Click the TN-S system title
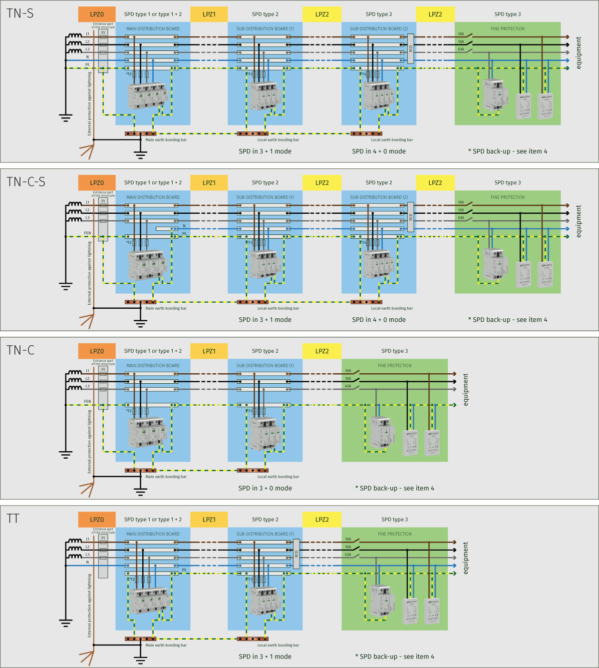click(x=20, y=13)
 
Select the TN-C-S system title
click(x=26, y=182)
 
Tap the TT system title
click(x=13, y=519)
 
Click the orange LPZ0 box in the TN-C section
click(x=97, y=351)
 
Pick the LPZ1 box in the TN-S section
click(x=209, y=14)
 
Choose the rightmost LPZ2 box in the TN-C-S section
click(x=435, y=183)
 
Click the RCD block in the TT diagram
click(x=296, y=554)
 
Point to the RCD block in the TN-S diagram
click(x=411, y=48)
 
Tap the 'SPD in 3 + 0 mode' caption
click(x=265, y=488)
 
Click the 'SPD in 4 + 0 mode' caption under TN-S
click(x=379, y=151)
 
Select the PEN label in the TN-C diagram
click(x=87, y=401)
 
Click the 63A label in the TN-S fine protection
click(x=461, y=49)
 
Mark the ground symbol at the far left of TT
click(x=65, y=623)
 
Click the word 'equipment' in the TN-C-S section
click(x=579, y=221)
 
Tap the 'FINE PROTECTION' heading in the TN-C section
click(x=395, y=366)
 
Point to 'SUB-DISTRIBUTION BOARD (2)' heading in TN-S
click(x=379, y=29)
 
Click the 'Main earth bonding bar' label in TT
click(x=166, y=645)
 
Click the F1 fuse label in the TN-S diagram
click(x=103, y=32)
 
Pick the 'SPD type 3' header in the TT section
click(x=394, y=520)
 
